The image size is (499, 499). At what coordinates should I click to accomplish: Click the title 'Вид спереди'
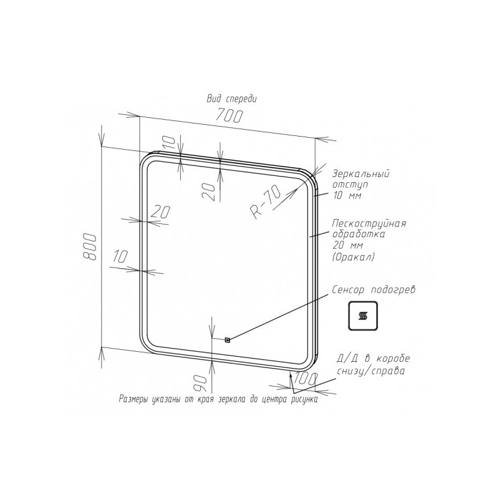click(231, 99)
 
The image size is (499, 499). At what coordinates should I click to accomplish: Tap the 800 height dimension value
click(89, 247)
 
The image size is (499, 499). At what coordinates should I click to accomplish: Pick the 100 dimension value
click(306, 378)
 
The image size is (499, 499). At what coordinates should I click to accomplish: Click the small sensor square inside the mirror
click(227, 340)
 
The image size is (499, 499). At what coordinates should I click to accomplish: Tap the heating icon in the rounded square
click(363, 316)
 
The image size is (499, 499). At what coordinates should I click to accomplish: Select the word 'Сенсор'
click(349, 289)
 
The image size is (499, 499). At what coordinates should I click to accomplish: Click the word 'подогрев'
click(394, 290)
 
